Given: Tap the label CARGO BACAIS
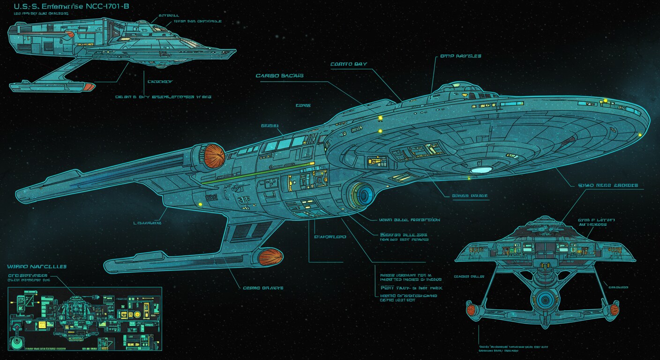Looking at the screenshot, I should (279, 75).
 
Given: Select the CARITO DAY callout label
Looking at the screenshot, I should (348, 64).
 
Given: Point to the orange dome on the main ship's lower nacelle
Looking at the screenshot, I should (270, 257).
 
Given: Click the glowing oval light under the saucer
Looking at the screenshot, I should (481, 170).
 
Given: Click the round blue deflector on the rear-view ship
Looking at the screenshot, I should (545, 299).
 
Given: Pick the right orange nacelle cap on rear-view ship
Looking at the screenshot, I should (614, 309).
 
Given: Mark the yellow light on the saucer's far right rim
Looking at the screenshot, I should (640, 135).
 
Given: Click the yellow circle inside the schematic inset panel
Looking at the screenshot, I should (137, 314).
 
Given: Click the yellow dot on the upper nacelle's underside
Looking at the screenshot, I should (201, 204).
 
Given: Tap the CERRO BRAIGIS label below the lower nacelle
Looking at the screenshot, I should (263, 288).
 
